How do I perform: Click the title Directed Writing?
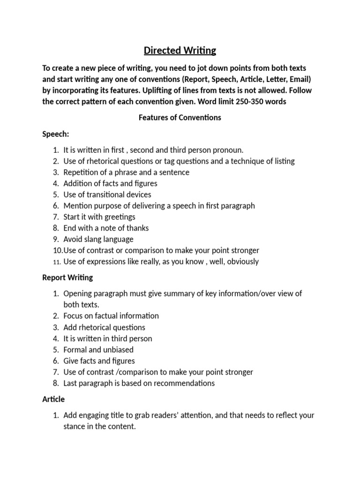180,50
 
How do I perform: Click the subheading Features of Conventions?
180,118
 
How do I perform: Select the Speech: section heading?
56,134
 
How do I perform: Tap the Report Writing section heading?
67,277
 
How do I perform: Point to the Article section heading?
53,399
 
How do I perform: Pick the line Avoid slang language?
98,239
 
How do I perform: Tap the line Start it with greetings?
99,217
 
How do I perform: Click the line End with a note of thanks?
106,228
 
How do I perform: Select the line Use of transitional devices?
107,195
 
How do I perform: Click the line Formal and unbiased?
98,350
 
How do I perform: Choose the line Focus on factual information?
111,316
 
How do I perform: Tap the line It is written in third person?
108,338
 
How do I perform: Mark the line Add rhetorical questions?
105,327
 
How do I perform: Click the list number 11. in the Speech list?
56,262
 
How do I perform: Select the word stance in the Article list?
74,427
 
